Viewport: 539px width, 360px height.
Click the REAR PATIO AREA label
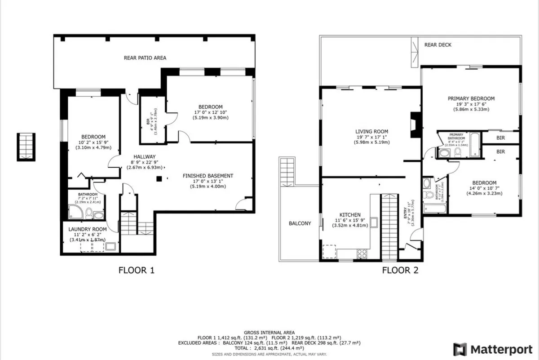tap(145, 58)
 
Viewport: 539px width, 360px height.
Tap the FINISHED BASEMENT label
tap(208, 176)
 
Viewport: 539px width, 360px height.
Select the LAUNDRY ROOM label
tap(88, 229)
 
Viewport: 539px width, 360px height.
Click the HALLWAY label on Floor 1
tap(135, 156)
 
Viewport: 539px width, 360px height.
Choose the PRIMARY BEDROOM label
tap(471, 99)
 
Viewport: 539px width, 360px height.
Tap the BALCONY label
tap(300, 223)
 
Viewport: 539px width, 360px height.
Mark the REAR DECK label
tap(438, 45)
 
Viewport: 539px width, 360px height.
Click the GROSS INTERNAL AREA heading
tap(269, 332)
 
